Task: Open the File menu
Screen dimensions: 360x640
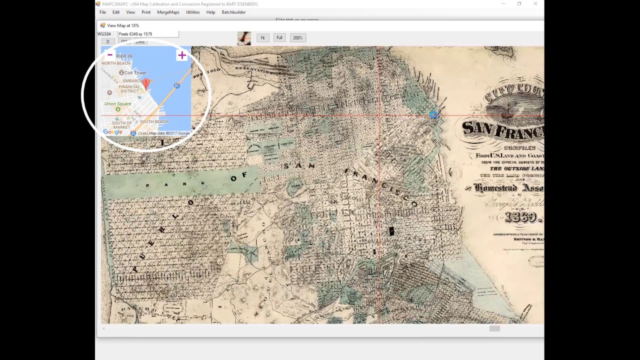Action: click(102, 12)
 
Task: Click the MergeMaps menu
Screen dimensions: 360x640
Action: click(168, 12)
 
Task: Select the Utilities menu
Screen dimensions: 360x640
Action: click(192, 12)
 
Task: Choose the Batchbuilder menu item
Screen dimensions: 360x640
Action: click(233, 12)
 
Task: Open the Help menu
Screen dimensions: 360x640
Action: click(210, 12)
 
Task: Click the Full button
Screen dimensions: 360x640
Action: click(279, 38)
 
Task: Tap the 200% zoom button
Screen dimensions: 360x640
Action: click(297, 38)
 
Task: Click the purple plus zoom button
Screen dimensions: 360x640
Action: click(181, 55)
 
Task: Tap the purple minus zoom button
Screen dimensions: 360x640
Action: click(110, 55)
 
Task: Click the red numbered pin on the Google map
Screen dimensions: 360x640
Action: click(146, 83)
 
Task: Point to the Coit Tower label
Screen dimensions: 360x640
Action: click(135, 73)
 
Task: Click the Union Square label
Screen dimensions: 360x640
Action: click(117, 104)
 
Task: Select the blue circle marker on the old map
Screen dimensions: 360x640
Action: click(433, 115)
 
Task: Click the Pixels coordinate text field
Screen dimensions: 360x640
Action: click(147, 34)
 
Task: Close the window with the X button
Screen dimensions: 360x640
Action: click(535, 4)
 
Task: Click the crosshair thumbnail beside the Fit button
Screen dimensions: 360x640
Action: click(244, 38)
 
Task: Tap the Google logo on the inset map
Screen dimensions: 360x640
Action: click(113, 132)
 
